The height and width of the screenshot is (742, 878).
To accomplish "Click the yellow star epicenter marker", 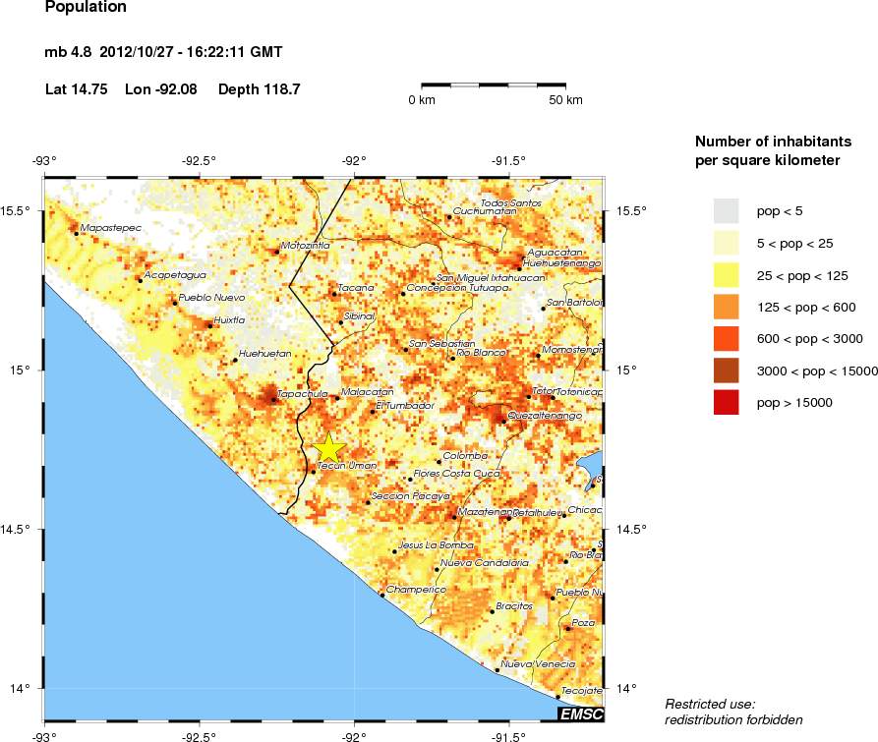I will tap(329, 448).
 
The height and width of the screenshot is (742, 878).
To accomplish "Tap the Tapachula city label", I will tap(302, 394).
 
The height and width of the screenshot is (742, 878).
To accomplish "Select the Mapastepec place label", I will tap(110, 228).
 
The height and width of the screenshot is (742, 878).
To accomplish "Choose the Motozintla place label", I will tap(306, 245).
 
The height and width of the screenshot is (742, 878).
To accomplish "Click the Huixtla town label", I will tap(229, 319).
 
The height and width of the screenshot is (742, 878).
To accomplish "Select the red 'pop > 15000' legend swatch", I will tap(726, 403).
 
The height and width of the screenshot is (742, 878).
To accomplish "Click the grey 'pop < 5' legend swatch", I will tap(726, 210).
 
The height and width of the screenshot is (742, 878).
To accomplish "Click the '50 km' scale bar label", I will tap(565, 100).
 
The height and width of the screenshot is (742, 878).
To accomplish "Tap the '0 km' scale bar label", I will tap(422, 100).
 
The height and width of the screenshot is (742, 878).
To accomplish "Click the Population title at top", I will tap(86, 7).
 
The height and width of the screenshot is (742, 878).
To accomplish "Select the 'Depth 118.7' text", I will tap(259, 89).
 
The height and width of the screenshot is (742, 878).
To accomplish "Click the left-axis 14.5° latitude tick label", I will tap(21, 530).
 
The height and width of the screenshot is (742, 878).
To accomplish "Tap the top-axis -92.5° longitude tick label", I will tap(200, 162).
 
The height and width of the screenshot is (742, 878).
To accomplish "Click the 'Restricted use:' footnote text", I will tap(709, 704).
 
